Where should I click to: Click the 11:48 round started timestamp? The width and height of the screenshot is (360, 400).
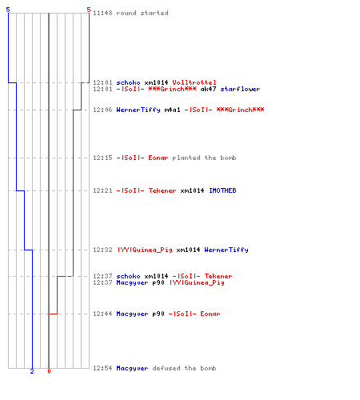[102, 13]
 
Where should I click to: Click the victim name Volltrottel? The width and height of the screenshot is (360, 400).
[194, 82]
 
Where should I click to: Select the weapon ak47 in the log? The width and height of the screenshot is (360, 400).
[208, 89]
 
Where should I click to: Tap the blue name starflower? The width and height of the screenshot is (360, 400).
[240, 89]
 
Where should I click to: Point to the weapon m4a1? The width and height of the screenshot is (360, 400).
[172, 110]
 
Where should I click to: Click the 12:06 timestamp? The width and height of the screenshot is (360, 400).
[102, 110]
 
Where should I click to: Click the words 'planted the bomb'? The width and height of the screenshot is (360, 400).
[204, 158]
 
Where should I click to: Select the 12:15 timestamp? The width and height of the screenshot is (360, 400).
[102, 158]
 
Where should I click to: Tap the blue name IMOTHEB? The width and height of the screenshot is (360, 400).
[222, 190]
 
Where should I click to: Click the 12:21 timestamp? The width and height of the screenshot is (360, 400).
[102, 190]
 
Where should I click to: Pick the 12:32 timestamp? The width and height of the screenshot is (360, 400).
[102, 250]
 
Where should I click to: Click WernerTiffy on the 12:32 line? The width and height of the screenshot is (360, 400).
[226, 250]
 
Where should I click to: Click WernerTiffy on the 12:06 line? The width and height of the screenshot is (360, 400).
[138, 110]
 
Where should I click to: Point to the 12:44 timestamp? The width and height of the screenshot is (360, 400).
[102, 314]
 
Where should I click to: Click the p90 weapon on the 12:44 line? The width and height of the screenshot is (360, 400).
[158, 314]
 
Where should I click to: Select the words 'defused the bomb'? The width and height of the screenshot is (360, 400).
[184, 368]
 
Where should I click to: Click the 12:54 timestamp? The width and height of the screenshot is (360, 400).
[102, 368]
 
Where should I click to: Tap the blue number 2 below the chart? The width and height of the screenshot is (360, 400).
[32, 371]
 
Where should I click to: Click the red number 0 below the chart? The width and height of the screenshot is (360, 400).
[49, 371]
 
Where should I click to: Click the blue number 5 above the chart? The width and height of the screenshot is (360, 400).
[8, 10]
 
